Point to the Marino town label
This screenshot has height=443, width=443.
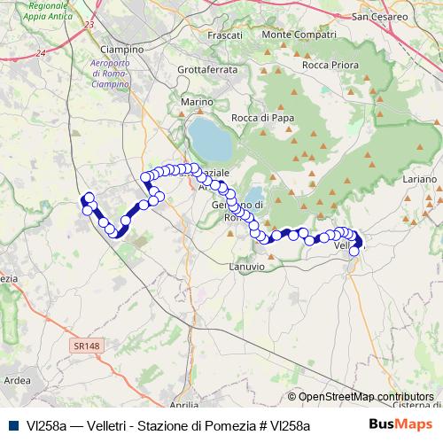pyautogui.click(x=198, y=103)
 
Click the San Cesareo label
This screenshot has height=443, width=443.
pyautogui.click(x=379, y=17)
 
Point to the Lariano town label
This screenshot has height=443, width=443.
pyautogui.click(x=420, y=179)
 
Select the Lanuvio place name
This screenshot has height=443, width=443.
pyautogui.click(x=246, y=266)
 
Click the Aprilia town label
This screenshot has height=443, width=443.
pyautogui.click(x=183, y=404)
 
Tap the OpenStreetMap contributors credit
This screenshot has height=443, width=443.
pyautogui.click(x=361, y=397)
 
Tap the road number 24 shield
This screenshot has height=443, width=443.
pyautogui.click(x=41, y=54)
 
